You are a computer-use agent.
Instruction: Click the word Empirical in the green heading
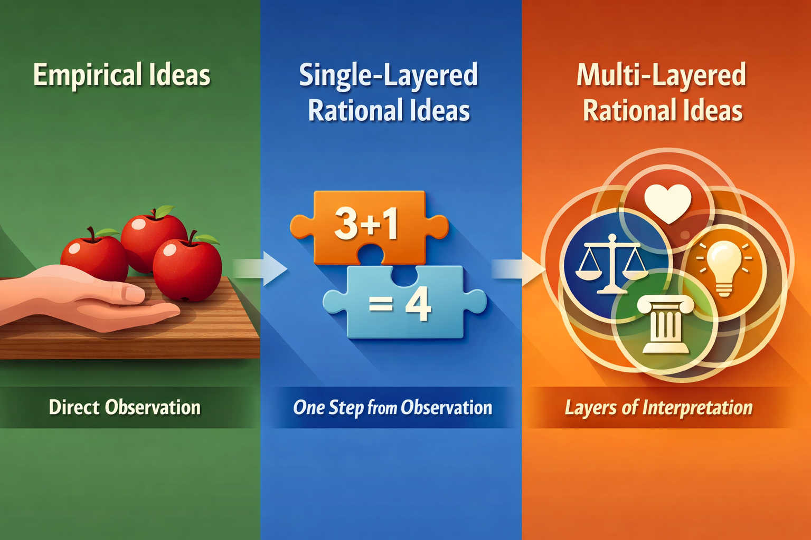click(x=87, y=75)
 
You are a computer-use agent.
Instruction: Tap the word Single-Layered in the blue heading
click(x=388, y=75)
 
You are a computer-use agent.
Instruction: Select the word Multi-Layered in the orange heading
click(x=661, y=75)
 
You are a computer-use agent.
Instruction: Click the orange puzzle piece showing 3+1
click(x=369, y=228)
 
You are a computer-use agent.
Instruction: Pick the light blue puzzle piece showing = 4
click(x=405, y=302)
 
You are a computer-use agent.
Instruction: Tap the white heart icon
click(x=667, y=203)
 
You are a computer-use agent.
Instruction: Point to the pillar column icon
click(x=665, y=323)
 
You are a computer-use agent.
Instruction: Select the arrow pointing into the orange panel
click(x=518, y=269)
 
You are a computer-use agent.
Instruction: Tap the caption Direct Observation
click(x=125, y=407)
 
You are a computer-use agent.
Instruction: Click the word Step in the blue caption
click(x=345, y=408)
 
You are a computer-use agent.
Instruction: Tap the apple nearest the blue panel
click(x=187, y=269)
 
